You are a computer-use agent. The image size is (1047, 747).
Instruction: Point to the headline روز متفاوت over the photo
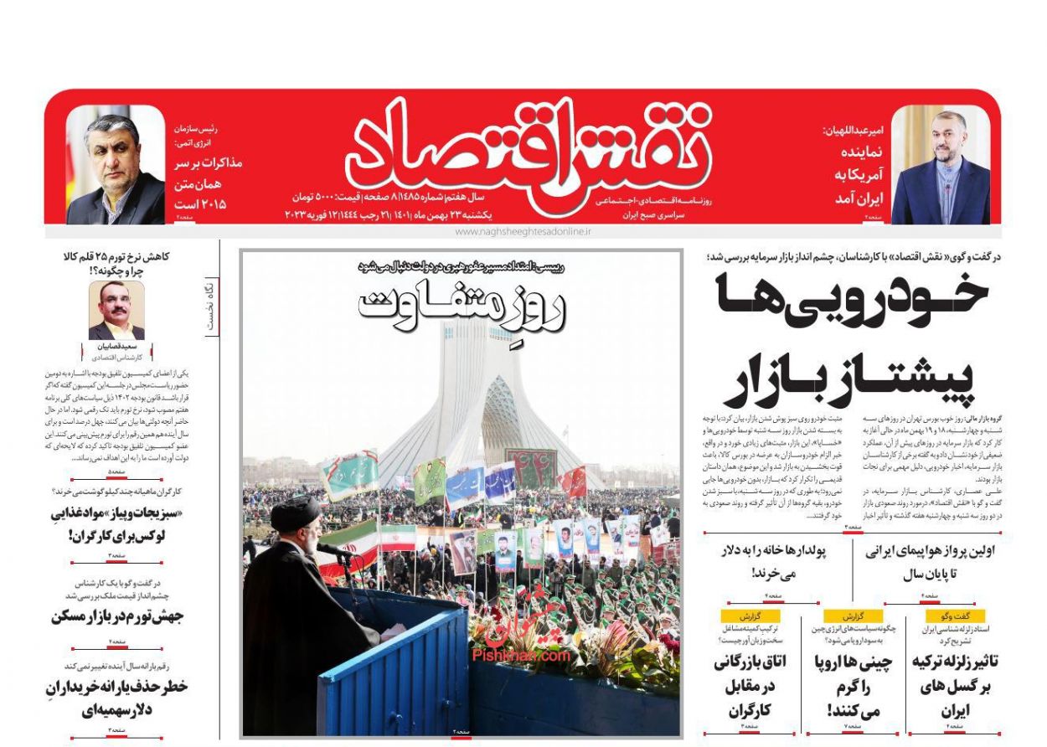pyautogui.click(x=462, y=307)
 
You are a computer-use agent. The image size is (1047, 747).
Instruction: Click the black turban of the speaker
pyautogui.click(x=296, y=513)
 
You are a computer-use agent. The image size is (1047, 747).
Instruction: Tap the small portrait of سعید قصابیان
pyautogui.click(x=116, y=310)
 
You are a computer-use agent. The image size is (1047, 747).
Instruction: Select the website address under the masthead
pyautogui.click(x=523, y=231)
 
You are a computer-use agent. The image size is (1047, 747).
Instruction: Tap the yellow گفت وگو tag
pyautogui.click(x=956, y=616)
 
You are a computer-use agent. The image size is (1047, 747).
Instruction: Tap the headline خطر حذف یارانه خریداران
pyautogui.click(x=116, y=698)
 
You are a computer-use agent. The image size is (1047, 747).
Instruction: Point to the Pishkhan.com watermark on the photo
pyautogui.click(x=520, y=657)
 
